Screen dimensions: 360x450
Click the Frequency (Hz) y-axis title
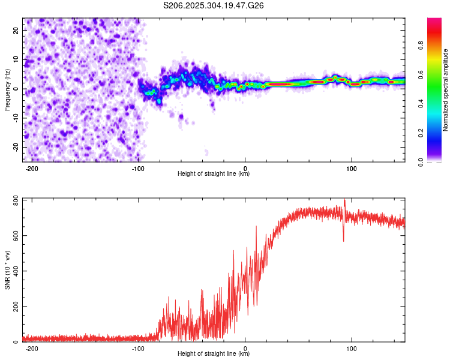click(x=8, y=89)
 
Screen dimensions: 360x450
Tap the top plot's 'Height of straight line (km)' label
click(x=214, y=173)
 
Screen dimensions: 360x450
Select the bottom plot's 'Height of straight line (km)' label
click(x=214, y=354)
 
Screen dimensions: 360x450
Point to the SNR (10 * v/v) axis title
click(x=8, y=270)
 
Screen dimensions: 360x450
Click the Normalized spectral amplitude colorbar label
click(x=446, y=90)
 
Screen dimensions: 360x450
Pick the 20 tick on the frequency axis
click(x=16, y=29)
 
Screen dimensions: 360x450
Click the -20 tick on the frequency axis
click(x=15, y=147)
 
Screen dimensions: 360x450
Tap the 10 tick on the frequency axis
click(x=16, y=59)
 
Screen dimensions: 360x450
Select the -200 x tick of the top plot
click(x=32, y=168)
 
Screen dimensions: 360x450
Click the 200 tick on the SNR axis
click(x=14, y=307)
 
